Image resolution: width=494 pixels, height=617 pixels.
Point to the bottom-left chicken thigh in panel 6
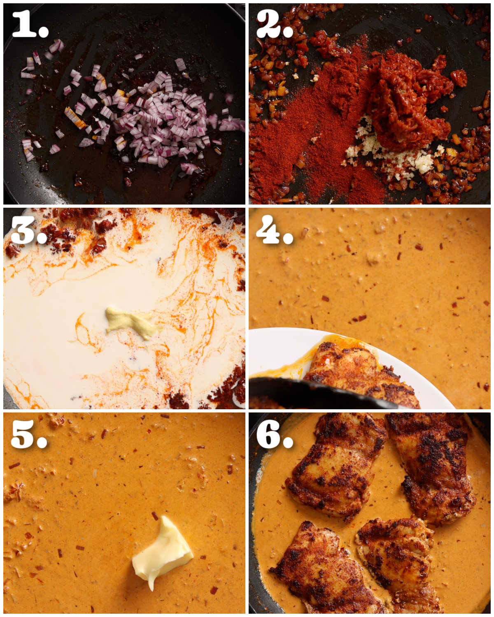[x=321, y=572]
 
